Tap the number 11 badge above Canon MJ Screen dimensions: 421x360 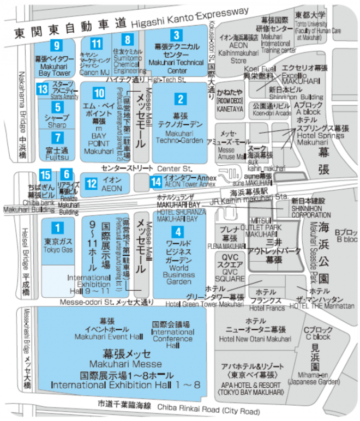[97, 44]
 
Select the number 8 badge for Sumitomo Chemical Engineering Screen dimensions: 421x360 [127, 39]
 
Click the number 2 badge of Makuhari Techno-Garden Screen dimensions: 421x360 [179, 99]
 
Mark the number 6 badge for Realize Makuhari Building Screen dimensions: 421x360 [66, 175]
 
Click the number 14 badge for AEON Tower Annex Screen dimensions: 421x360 [156, 181]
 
